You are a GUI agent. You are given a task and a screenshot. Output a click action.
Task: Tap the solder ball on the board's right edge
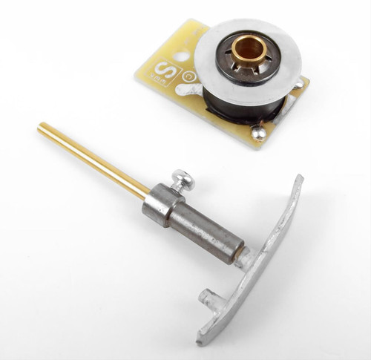tap(298, 85)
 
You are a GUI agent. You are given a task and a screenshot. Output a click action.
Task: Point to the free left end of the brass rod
tap(42, 128)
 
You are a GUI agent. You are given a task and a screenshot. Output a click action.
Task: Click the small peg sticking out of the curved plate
tap(208, 298)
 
